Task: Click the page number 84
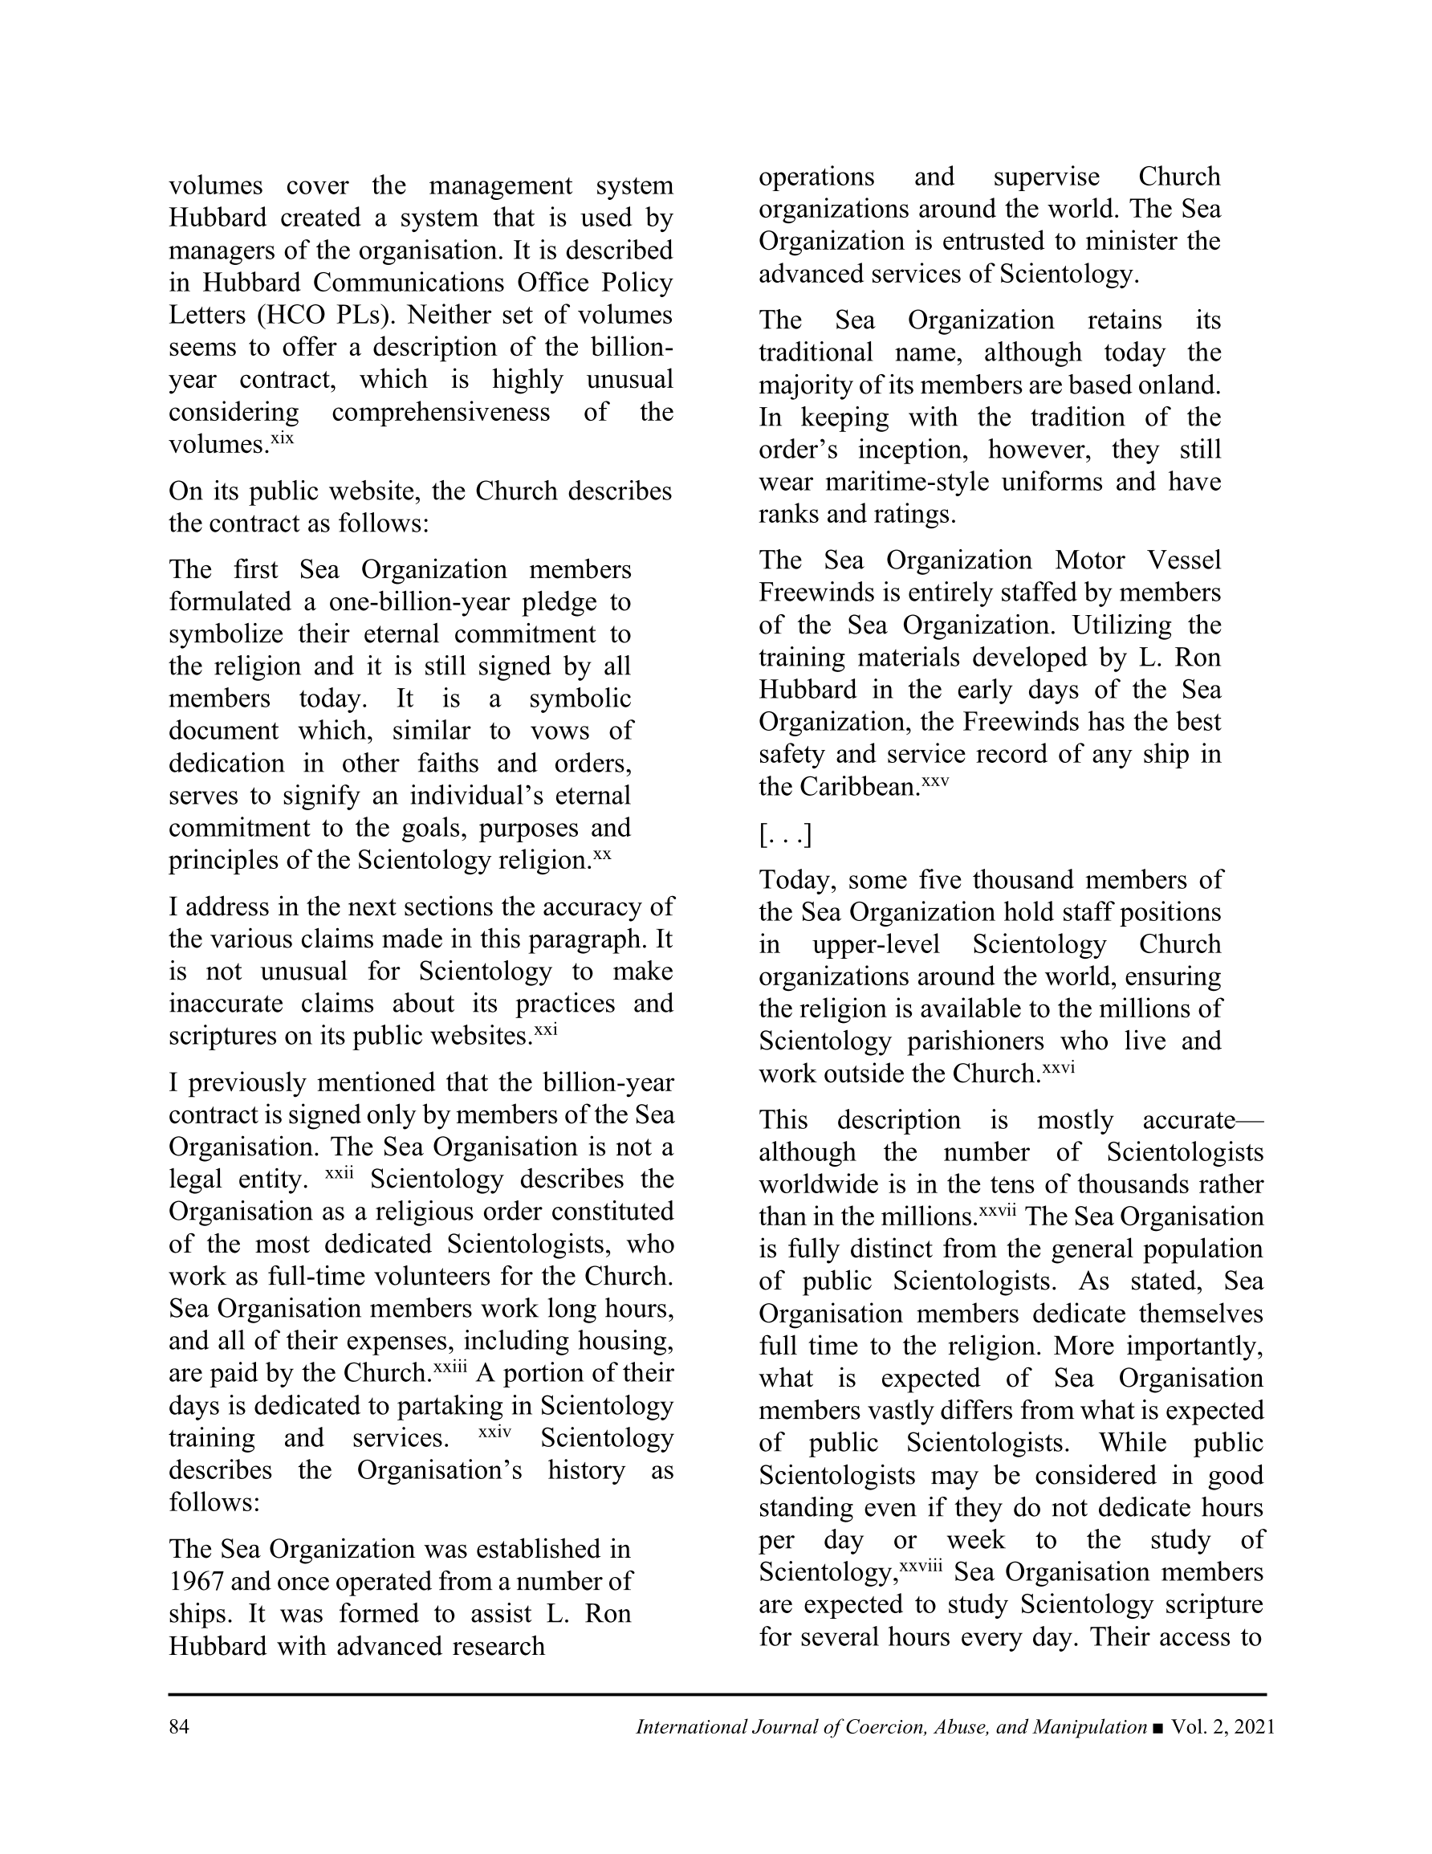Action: point(178,1727)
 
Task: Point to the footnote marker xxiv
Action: point(495,1431)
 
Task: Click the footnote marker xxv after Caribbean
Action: point(935,781)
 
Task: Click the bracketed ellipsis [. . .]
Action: point(784,836)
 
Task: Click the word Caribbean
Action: point(858,788)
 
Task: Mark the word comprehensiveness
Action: point(441,413)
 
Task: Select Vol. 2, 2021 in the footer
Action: point(1222,1727)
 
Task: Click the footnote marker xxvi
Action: point(1059,1068)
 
